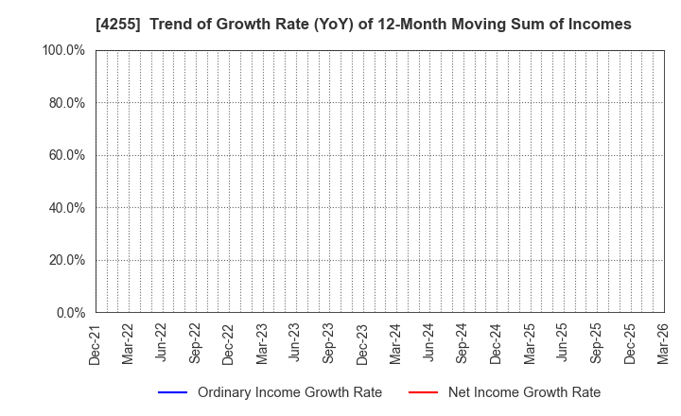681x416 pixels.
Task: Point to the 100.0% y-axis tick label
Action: pyautogui.click(x=63, y=50)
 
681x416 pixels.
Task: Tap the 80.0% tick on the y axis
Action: pyautogui.click(x=66, y=102)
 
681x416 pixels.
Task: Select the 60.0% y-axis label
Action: pyautogui.click(x=66, y=155)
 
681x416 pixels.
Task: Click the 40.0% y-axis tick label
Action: pyautogui.click(x=66, y=207)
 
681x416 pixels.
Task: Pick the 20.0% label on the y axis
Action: pyautogui.click(x=66, y=260)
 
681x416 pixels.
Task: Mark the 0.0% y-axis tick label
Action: pyautogui.click(x=69, y=312)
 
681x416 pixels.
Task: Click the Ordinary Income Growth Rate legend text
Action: pyautogui.click(x=289, y=392)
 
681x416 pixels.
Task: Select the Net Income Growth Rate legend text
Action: pyautogui.click(x=523, y=392)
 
